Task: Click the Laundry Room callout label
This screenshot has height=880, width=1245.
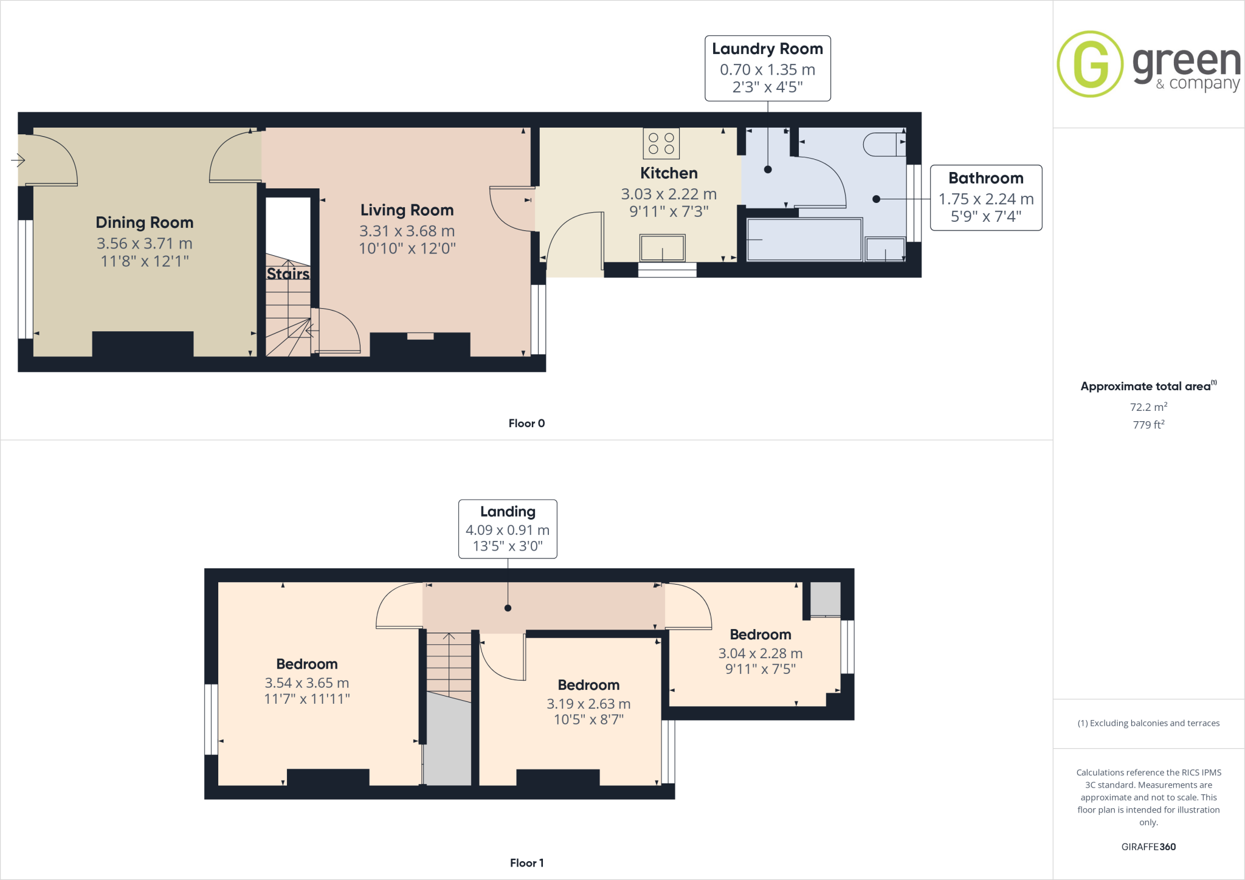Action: tap(767, 67)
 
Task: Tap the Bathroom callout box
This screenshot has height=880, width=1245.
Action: tap(985, 198)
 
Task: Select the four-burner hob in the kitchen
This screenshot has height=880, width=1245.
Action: tap(661, 143)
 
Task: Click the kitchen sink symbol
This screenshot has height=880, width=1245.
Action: tap(662, 248)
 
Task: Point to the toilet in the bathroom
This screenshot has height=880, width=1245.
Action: tap(883, 144)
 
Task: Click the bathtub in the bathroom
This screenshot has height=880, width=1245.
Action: tap(804, 239)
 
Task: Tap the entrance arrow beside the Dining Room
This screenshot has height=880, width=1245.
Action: tap(18, 160)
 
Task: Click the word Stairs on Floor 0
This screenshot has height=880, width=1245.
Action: tap(288, 274)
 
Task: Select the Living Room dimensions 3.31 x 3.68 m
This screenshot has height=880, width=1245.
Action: tap(407, 231)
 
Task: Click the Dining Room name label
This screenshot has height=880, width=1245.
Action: tap(145, 222)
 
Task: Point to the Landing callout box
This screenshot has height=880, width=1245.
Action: tap(508, 529)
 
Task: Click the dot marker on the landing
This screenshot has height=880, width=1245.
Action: tap(508, 608)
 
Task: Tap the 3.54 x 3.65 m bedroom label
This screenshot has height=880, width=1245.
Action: tap(306, 682)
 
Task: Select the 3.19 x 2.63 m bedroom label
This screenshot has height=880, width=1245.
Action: tap(588, 703)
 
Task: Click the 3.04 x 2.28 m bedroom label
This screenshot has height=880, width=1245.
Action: tap(760, 653)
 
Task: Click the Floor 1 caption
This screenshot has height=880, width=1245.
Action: tap(526, 863)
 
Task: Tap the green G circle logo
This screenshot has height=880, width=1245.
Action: tap(1090, 64)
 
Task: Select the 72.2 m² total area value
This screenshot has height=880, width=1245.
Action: tap(1148, 407)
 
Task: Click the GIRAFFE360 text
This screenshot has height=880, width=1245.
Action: tap(1148, 847)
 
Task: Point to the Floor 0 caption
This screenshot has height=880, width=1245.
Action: tap(526, 424)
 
